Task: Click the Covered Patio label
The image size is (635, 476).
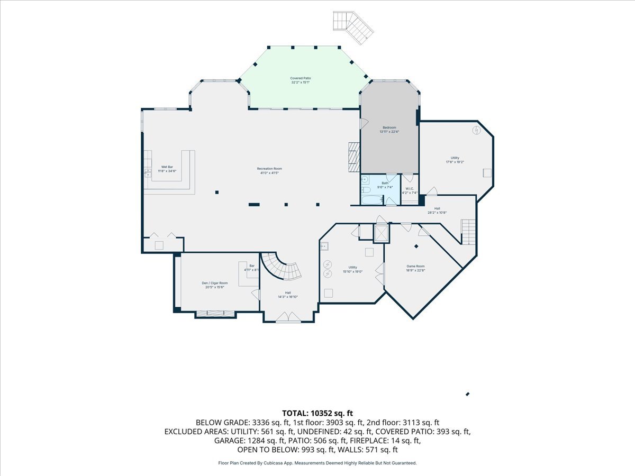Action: pyautogui.click(x=300, y=78)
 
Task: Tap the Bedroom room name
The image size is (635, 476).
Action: pyautogui.click(x=389, y=127)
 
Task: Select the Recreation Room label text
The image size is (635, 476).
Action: pyautogui.click(x=269, y=169)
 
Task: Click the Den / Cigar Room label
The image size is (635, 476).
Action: pyautogui.click(x=214, y=283)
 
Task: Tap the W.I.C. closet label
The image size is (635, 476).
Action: pyautogui.click(x=409, y=189)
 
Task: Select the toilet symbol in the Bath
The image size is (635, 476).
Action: pyautogui.click(x=366, y=189)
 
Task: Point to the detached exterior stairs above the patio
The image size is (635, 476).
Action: pyautogui.click(x=353, y=25)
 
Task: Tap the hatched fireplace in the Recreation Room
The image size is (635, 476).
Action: pyautogui.click(x=353, y=157)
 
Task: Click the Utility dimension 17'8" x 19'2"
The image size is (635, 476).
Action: pyautogui.click(x=455, y=162)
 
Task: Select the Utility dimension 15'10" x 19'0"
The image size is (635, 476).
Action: pyautogui.click(x=352, y=271)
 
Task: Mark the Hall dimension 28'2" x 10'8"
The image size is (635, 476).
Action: pyautogui.click(x=437, y=213)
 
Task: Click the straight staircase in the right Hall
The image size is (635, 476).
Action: pyautogui.click(x=468, y=232)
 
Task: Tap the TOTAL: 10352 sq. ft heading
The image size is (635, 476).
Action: pyautogui.click(x=317, y=413)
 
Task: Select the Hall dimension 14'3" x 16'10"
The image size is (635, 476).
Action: pyautogui.click(x=288, y=297)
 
